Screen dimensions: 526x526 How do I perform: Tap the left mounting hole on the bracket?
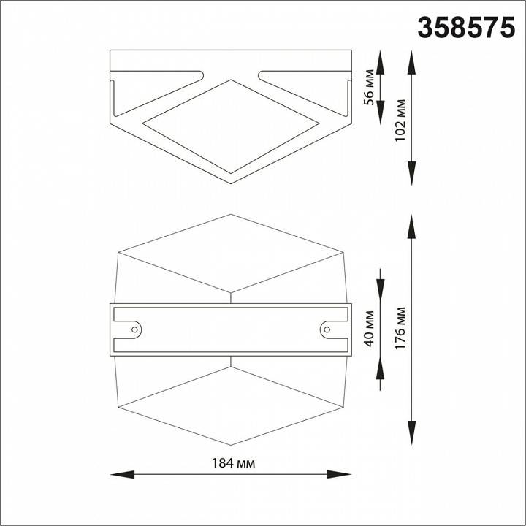click(134, 329)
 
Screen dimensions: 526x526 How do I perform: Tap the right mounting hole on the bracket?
click(326, 329)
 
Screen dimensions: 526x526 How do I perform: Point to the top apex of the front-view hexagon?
click(231, 215)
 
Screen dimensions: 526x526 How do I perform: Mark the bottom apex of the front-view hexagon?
click(231, 445)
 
